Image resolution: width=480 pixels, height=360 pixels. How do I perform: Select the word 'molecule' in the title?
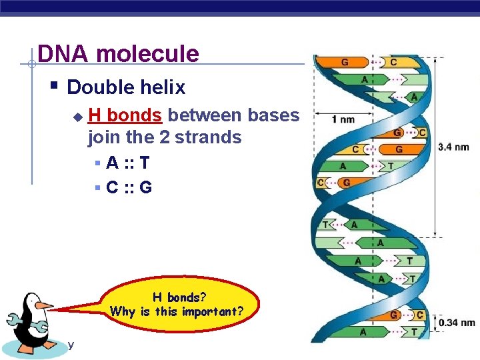[x=147, y=53]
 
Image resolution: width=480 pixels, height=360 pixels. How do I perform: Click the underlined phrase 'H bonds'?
[x=125, y=115]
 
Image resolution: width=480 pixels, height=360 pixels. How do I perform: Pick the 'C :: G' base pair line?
[x=129, y=187]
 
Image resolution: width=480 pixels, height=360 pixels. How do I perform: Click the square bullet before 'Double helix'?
[x=55, y=87]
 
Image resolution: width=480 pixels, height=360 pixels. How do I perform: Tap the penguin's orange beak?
[x=44, y=305]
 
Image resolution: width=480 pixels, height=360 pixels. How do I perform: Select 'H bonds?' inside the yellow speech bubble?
[x=179, y=297]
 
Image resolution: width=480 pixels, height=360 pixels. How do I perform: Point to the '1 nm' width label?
[x=343, y=119]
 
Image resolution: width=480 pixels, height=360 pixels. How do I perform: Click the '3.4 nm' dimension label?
[x=453, y=147]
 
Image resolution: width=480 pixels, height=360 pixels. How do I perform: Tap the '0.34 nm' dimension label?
[x=457, y=323]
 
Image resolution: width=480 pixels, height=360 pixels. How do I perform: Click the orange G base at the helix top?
[x=345, y=63]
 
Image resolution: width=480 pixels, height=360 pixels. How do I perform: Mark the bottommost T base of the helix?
[x=414, y=331]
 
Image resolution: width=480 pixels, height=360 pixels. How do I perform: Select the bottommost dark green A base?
[x=363, y=331]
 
